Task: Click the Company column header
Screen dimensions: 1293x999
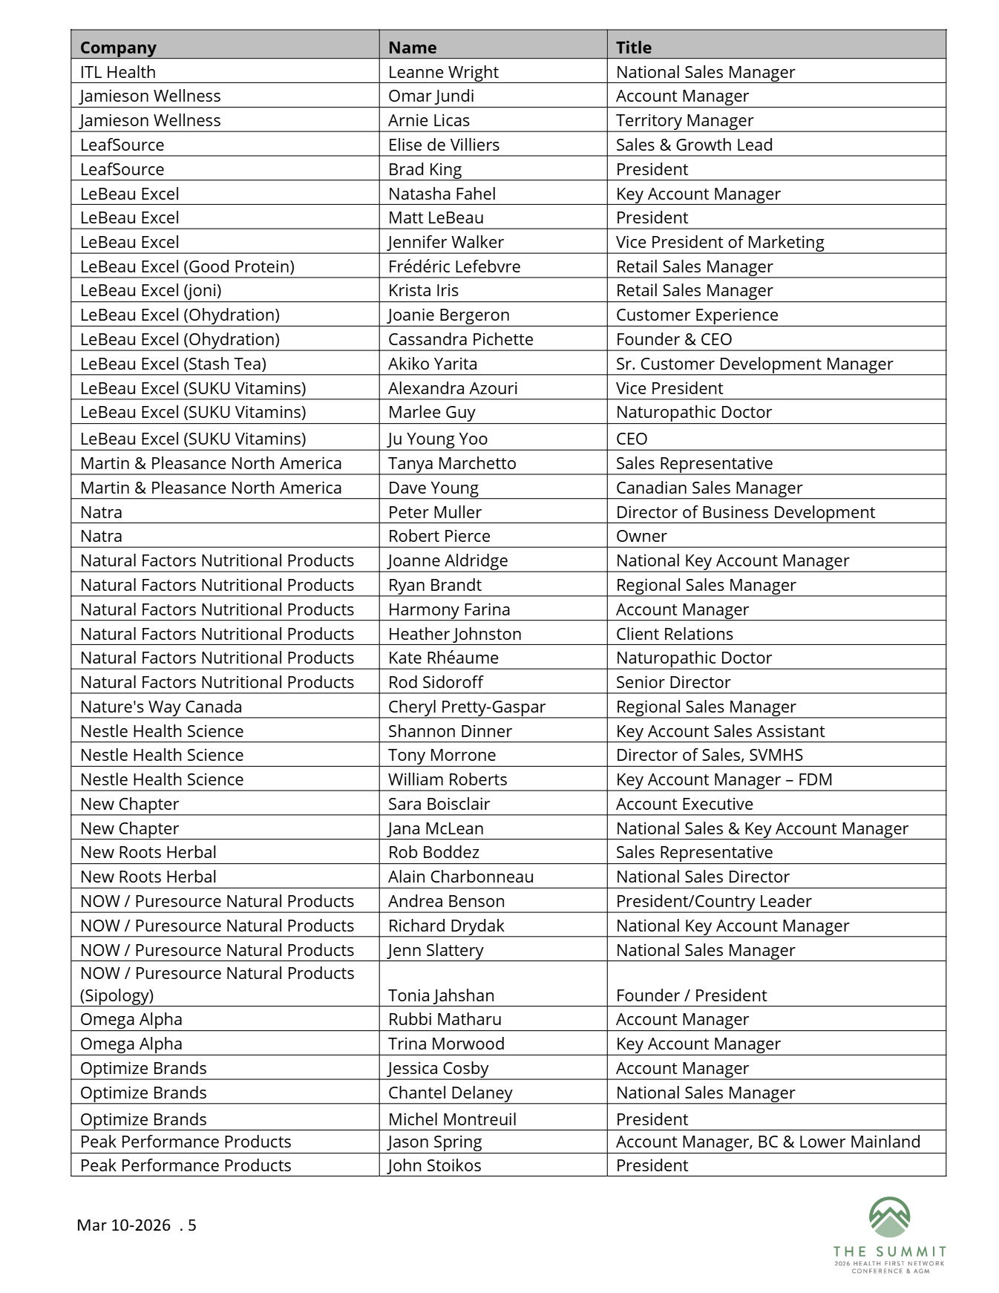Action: pos(118,48)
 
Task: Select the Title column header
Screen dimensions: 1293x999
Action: pos(633,48)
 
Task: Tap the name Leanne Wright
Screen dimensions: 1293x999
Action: pos(443,72)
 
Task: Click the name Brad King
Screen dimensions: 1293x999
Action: pos(425,169)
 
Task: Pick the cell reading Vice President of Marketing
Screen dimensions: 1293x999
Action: pos(719,242)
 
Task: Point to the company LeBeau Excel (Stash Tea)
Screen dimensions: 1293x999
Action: pos(173,364)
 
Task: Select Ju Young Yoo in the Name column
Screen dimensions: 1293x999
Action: pos(437,439)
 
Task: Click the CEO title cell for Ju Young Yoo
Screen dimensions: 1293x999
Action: pos(632,439)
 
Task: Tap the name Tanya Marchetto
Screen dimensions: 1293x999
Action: pos(451,463)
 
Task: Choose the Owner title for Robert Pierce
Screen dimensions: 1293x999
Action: pos(641,536)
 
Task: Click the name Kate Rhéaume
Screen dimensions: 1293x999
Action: pos(443,658)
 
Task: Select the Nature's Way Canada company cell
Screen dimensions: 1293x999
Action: pos(161,707)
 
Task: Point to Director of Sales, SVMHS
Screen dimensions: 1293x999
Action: pos(709,755)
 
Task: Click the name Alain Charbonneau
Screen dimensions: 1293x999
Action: pos(460,877)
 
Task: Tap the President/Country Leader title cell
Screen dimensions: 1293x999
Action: pos(713,901)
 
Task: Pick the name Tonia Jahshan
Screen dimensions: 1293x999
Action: pos(441,995)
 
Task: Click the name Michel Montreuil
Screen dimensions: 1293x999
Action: pos(452,1119)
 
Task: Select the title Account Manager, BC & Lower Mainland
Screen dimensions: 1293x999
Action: pos(767,1142)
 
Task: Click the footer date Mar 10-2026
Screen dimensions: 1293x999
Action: pos(123,1225)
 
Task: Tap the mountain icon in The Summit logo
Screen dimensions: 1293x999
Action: pos(889,1217)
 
